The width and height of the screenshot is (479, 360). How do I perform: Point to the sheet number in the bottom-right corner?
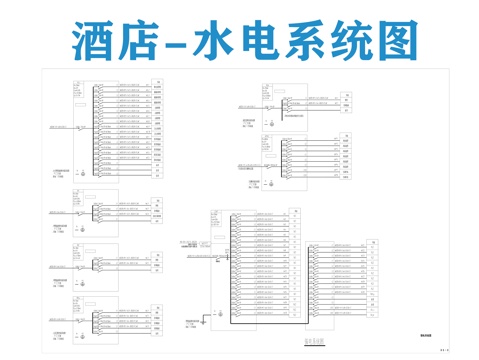(x=444, y=350)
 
